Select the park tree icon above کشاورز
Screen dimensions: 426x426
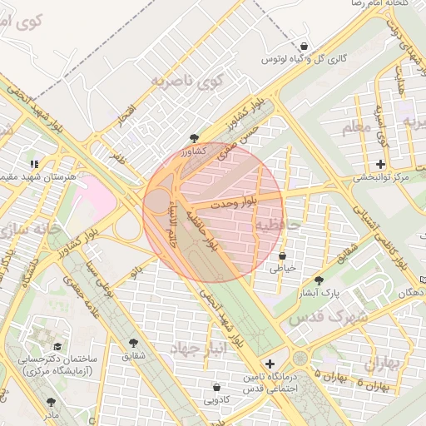[x=194, y=138]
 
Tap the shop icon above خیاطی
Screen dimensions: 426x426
[x=283, y=255]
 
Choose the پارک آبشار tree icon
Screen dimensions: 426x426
[x=319, y=280]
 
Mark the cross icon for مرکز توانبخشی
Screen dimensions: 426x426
[x=381, y=164]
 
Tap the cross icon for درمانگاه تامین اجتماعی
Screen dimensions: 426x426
[x=270, y=364]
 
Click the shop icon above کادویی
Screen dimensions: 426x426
[x=217, y=387]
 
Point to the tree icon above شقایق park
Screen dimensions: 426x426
[x=134, y=343]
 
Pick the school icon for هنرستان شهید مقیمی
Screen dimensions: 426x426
[x=34, y=164]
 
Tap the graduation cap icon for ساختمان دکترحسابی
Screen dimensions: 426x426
[x=57, y=346]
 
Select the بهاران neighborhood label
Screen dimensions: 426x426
[x=384, y=364]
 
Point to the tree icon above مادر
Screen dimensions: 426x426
[x=52, y=402]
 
